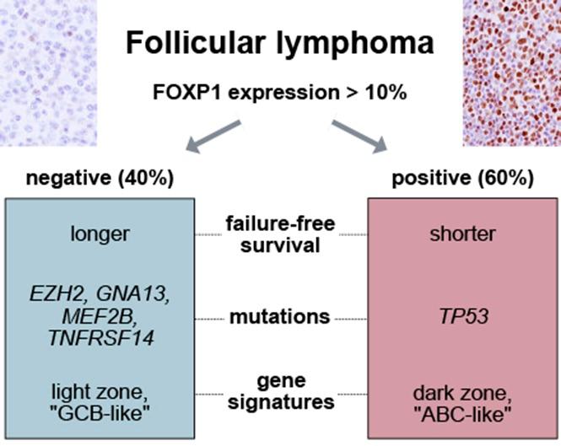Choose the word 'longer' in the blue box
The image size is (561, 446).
tap(100, 234)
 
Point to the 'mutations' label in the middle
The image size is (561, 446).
tap(279, 317)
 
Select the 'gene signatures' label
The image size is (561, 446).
tap(279, 392)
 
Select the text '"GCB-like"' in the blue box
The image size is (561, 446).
tap(100, 411)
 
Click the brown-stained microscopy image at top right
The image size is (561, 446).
tap(511, 72)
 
